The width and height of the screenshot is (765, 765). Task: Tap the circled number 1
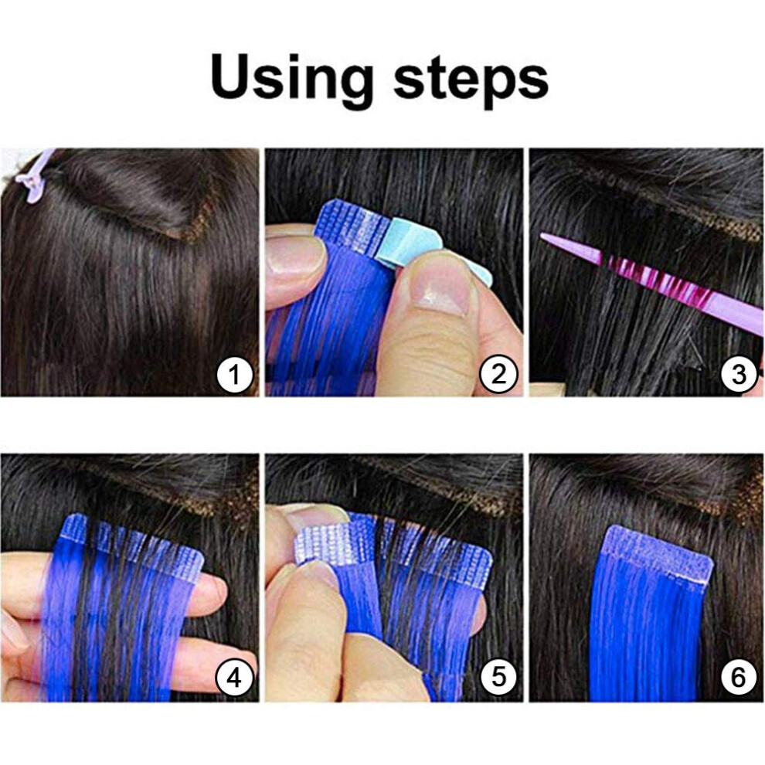coord(235,376)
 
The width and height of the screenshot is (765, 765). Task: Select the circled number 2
coord(498,376)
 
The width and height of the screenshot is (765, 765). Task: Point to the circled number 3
coord(739,376)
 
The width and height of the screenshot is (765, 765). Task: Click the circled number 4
coord(235,678)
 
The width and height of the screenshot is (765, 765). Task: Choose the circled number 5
coord(498,678)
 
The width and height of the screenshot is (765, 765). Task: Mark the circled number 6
coord(739,678)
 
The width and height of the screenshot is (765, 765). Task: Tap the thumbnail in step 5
coord(317,576)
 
